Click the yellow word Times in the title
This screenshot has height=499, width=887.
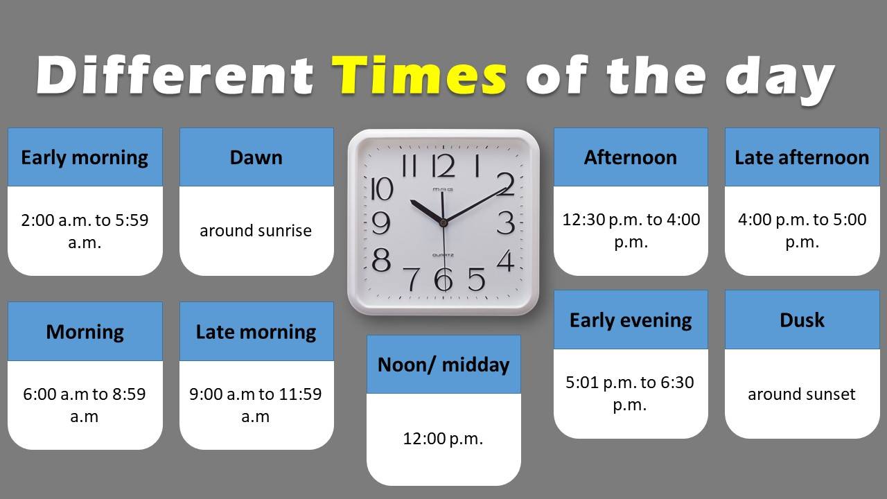[x=420, y=76]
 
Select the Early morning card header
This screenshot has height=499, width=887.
[x=85, y=157]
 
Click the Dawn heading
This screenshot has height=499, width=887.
[x=256, y=157]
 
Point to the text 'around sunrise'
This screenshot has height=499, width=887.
[x=256, y=231]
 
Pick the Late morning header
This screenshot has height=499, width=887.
[x=256, y=331]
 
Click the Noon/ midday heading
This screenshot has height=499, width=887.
[x=443, y=365]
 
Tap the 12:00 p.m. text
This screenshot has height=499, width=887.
[x=443, y=439]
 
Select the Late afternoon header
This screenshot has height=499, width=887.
[x=802, y=157]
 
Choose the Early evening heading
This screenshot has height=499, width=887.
[x=631, y=319]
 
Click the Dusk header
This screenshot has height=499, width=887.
[x=802, y=319]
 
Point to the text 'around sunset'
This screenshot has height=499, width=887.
[x=802, y=394]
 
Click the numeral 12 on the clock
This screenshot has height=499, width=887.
[x=443, y=166]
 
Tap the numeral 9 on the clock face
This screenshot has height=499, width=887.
[x=381, y=222]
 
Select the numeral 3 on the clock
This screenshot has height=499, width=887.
[x=506, y=222]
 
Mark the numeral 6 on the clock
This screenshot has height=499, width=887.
[x=443, y=279]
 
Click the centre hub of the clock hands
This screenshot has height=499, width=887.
[x=443, y=222]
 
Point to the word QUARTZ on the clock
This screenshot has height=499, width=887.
[x=443, y=256]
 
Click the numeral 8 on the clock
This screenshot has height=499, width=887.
[x=381, y=260]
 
